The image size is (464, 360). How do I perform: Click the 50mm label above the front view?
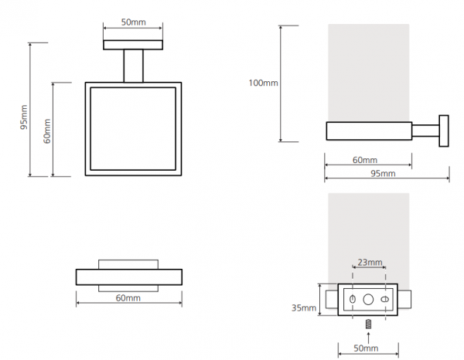(133, 22)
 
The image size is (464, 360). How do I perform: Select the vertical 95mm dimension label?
(24, 117)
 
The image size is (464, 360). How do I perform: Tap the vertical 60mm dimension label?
(46, 131)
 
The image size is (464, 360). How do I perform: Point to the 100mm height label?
(263, 83)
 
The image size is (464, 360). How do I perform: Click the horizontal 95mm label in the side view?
(383, 174)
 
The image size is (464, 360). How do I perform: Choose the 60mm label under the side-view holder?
(365, 160)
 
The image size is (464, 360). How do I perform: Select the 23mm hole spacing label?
(370, 262)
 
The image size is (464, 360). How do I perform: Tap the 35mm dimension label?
(304, 308)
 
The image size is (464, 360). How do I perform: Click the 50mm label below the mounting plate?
(366, 348)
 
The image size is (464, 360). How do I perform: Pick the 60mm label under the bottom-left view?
(128, 297)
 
